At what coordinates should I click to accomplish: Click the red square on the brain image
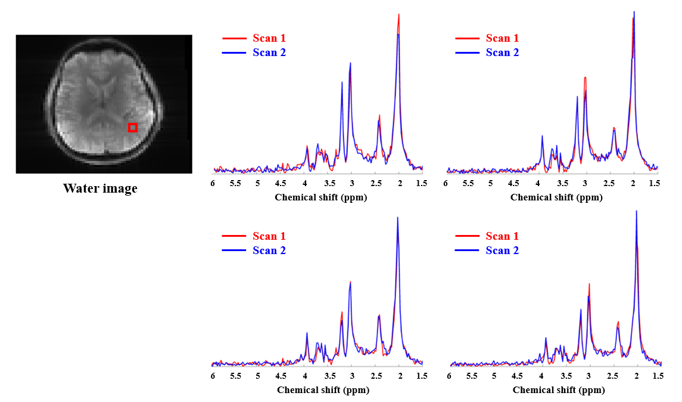133,127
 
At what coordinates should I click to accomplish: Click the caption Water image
100,189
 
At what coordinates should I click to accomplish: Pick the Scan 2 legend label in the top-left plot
269,52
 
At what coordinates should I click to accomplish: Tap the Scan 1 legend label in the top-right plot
502,38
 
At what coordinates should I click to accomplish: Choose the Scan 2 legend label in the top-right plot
502,52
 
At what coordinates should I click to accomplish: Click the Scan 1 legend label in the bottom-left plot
269,236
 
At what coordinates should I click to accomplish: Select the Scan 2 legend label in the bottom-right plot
502,251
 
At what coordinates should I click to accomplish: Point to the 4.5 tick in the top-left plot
281,184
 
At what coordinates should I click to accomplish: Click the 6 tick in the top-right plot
446,184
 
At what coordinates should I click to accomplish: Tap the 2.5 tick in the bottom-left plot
376,376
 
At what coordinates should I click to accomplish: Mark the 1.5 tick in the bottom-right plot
658,376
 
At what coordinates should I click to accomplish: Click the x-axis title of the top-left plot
320,197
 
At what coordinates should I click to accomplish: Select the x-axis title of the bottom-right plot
559,390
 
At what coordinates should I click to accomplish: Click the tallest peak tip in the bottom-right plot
637,211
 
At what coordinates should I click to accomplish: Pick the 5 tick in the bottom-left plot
257,376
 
